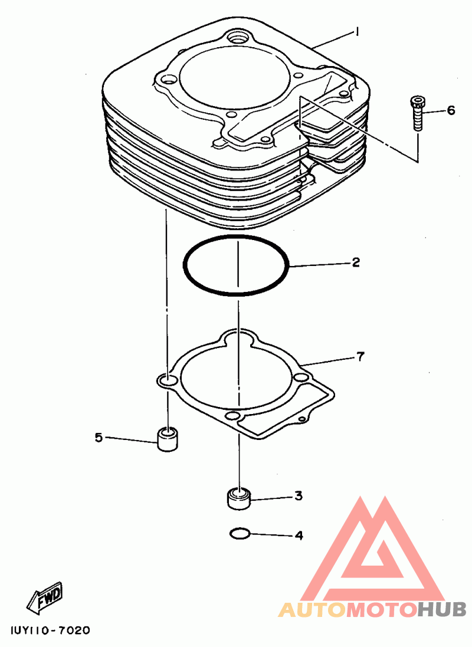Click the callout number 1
click(x=357, y=32)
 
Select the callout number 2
click(x=355, y=262)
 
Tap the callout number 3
click(x=299, y=496)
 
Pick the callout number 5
click(x=99, y=438)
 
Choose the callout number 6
click(x=451, y=110)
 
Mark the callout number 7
click(x=360, y=356)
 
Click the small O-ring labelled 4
click(x=239, y=534)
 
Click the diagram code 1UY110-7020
click(x=50, y=630)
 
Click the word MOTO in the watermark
click(x=381, y=609)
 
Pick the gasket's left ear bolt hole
click(x=168, y=381)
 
